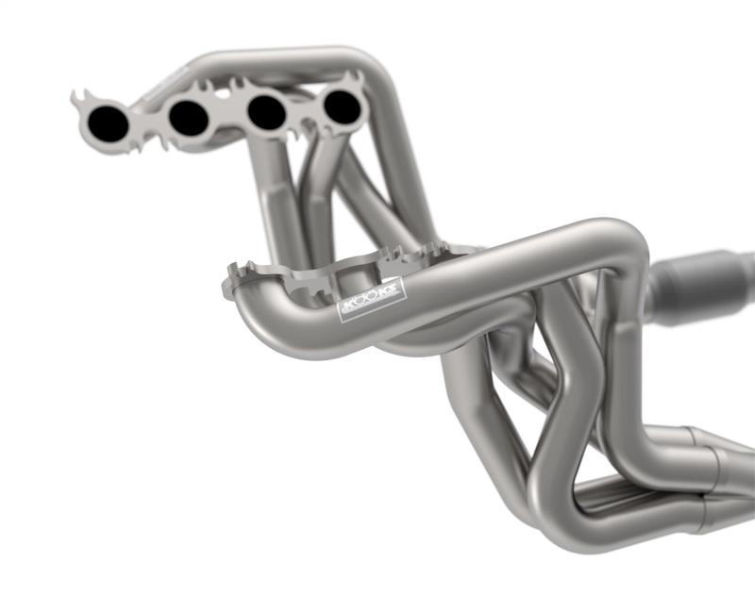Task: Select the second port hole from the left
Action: click(189, 117)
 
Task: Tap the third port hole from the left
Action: click(266, 113)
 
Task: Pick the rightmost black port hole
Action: click(342, 107)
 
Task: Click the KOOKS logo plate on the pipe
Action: click(372, 299)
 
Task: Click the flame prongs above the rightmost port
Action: click(353, 76)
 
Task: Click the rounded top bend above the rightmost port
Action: click(363, 58)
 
